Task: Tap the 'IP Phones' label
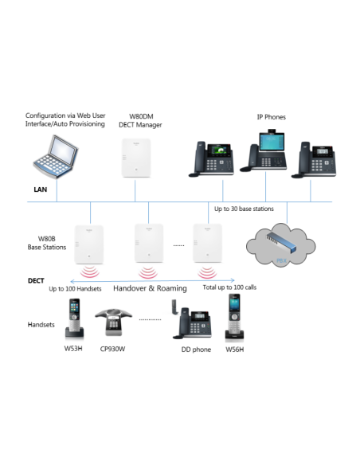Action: [x=270, y=118]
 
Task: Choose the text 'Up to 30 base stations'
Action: [x=244, y=209]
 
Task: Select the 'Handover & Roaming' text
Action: [x=150, y=287]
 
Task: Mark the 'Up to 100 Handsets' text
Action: [x=76, y=288]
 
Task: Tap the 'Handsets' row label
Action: [x=41, y=325]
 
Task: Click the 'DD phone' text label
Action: [x=194, y=349]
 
